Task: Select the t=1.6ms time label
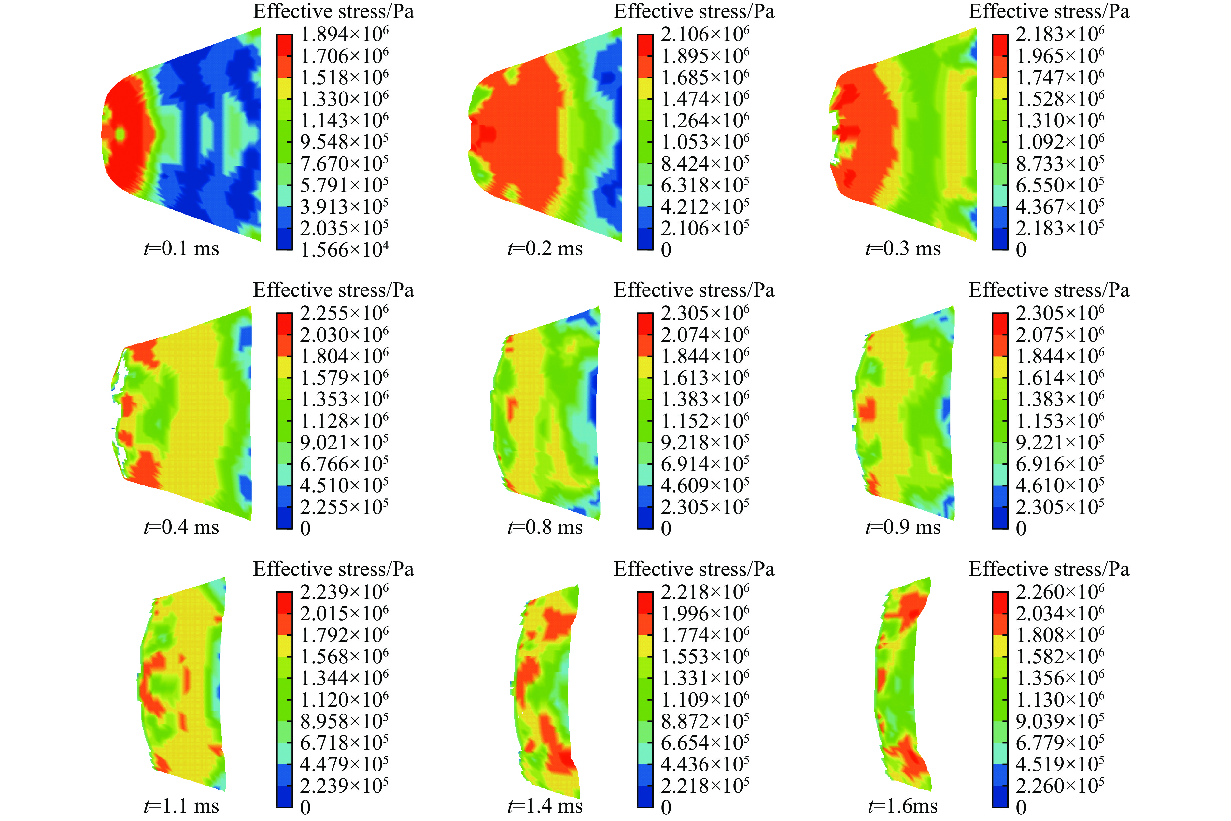point(903,806)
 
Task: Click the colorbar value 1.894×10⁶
point(344,35)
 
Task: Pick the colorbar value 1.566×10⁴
point(344,250)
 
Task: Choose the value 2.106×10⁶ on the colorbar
point(705,35)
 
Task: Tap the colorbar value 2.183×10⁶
point(1060,35)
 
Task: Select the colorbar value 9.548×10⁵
point(344,142)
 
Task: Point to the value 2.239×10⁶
point(344,592)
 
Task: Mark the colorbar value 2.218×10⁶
point(705,592)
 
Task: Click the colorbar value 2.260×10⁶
point(1060,592)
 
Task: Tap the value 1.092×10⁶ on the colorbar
point(1060,142)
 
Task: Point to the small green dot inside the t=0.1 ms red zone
point(121,134)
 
